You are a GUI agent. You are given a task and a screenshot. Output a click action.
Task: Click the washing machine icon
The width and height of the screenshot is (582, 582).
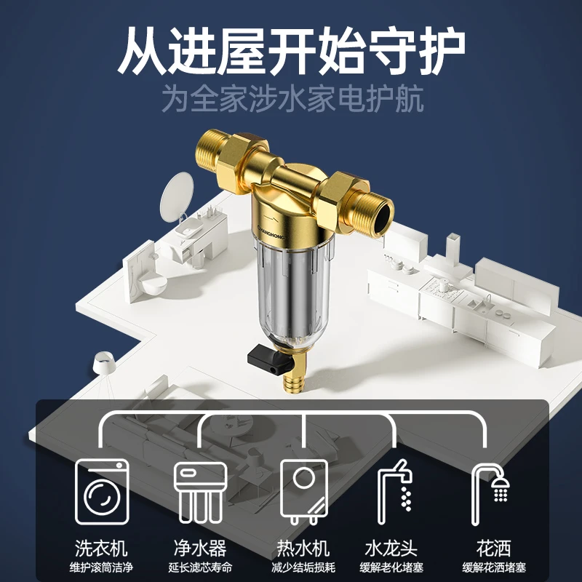coord(102,492)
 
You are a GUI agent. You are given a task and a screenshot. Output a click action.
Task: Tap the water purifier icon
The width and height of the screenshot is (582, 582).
coord(201,493)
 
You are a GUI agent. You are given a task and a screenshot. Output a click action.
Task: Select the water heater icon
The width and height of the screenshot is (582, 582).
coord(304,492)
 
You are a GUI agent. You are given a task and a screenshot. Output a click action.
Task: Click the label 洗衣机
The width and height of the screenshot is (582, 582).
coord(101,549)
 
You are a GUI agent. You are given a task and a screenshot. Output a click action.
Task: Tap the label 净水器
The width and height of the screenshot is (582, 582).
coord(200,549)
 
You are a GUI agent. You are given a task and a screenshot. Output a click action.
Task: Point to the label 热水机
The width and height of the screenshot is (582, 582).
coord(303,549)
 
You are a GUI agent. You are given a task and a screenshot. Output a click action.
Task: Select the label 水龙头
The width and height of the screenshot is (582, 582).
coord(391,549)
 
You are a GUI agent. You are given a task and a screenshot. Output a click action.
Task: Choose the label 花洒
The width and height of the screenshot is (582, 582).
coord(494,549)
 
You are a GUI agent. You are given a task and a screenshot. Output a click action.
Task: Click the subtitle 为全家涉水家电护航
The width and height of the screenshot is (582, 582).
coord(292,99)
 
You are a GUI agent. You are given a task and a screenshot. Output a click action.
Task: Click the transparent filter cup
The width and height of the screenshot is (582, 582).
coord(294,290)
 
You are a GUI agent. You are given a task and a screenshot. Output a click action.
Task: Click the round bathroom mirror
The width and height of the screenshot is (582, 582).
coord(177,196)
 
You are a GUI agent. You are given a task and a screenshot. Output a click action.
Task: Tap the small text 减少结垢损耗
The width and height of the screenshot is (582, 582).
coord(303,567)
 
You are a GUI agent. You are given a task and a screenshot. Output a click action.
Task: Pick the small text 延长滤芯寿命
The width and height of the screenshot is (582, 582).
coord(200,567)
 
